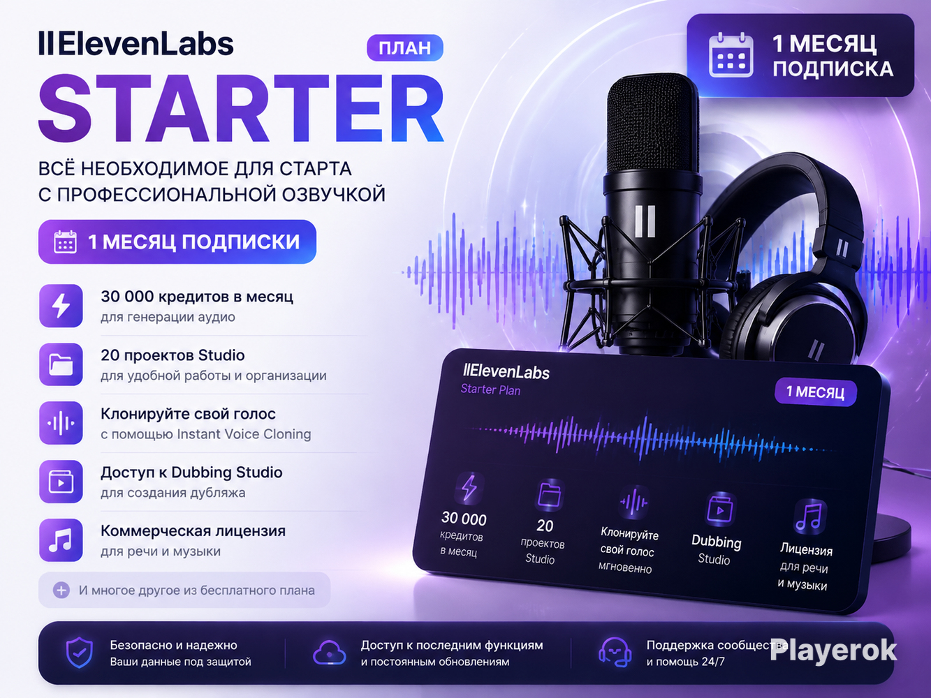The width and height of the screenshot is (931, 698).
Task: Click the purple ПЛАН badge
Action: [405, 47]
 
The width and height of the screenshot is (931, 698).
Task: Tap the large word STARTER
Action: [241, 109]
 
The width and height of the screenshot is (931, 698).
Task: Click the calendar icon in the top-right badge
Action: [731, 55]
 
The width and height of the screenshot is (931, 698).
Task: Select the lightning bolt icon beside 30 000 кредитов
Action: [61, 306]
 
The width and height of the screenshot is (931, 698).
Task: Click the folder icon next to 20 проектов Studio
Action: [61, 364]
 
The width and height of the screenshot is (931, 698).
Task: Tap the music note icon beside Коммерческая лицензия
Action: [61, 540]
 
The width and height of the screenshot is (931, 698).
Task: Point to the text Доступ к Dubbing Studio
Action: [191, 472]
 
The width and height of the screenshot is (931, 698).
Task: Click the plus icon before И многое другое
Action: [61, 590]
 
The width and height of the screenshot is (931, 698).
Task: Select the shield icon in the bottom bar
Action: [80, 653]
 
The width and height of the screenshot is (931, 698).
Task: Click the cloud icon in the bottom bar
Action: [329, 653]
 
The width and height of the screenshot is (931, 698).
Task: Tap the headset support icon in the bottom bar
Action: [615, 653]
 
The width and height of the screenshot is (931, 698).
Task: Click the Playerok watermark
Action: [833, 651]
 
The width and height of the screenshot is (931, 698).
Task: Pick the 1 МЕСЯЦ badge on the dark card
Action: [815, 392]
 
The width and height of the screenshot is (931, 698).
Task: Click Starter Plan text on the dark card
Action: [490, 389]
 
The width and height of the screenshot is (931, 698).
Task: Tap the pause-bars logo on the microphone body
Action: [645, 221]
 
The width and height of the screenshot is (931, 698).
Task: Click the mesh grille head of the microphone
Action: [652, 123]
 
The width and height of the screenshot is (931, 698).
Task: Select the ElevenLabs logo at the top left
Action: [135, 44]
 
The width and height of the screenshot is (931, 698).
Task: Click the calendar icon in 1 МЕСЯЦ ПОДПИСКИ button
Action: [66, 242]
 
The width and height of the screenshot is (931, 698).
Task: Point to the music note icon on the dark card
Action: [809, 517]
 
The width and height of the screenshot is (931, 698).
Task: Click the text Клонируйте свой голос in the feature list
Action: [189, 414]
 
